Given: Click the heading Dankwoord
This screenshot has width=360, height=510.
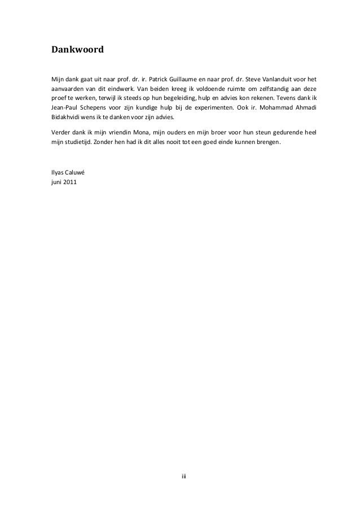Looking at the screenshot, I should pyautogui.click(x=77, y=50).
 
